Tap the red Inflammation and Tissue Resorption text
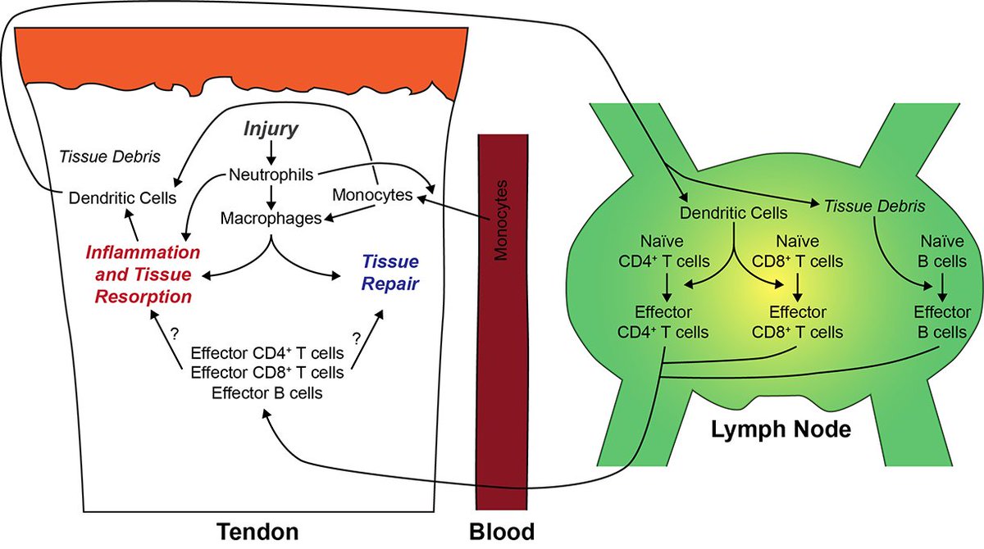pyautogui.click(x=143, y=272)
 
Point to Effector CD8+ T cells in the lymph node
pyautogui.click(x=796, y=322)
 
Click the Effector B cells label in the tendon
pyautogui.click(x=266, y=393)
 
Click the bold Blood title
pyautogui.click(x=501, y=531)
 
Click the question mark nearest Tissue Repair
pyautogui.click(x=358, y=337)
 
